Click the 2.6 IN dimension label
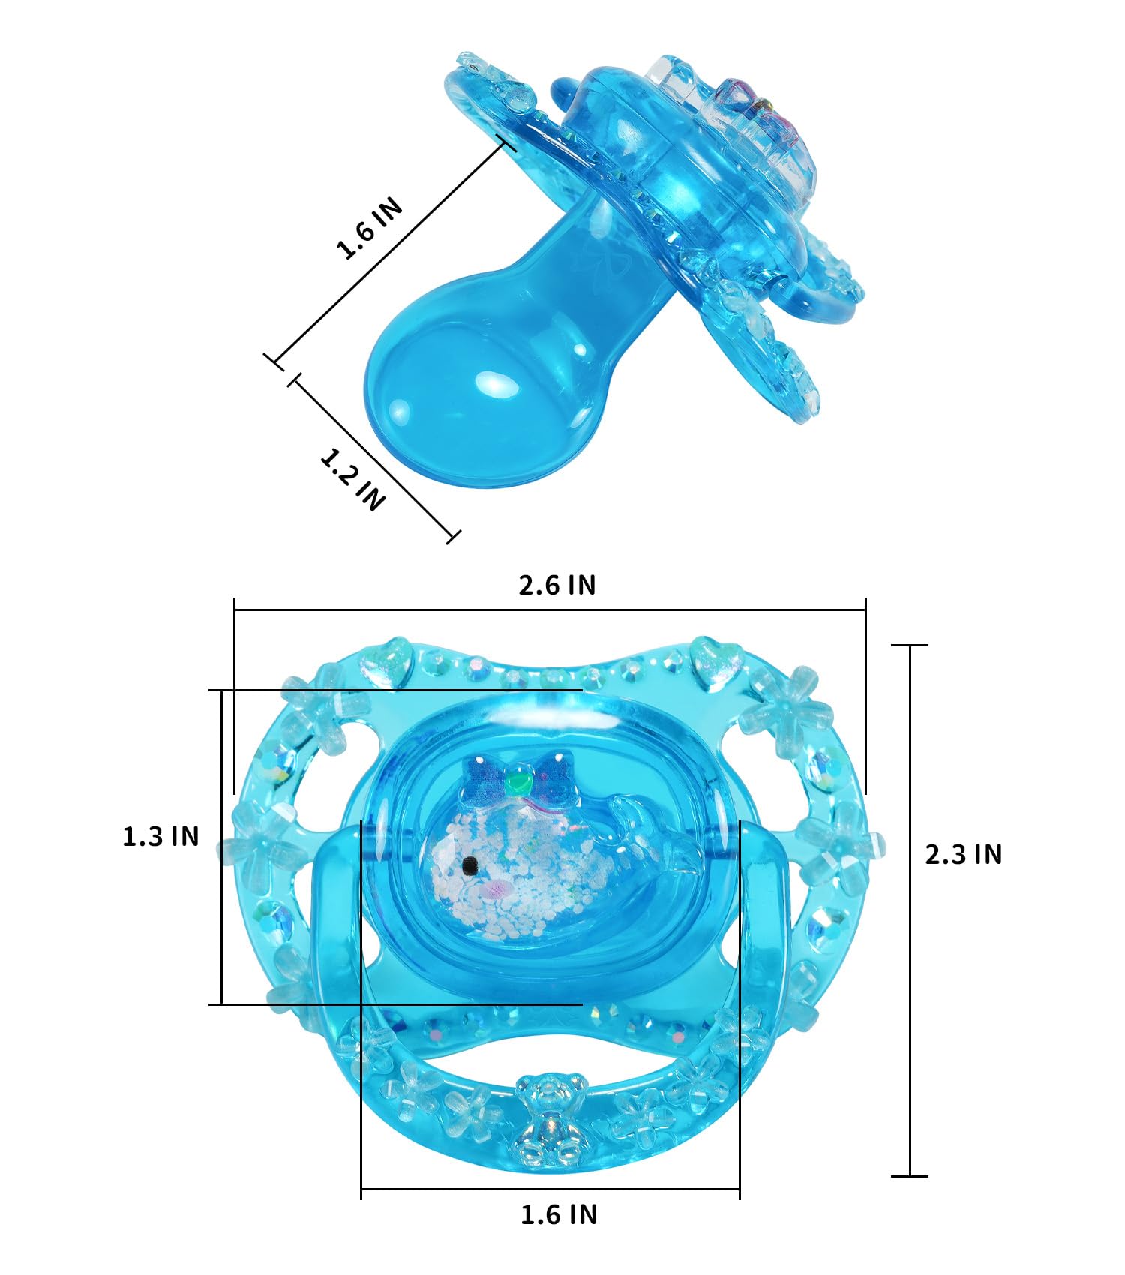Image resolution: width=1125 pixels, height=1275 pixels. pyautogui.click(x=557, y=585)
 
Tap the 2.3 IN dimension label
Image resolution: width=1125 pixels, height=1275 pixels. pyautogui.click(x=963, y=854)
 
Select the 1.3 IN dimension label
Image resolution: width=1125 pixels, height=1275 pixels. pyautogui.click(x=160, y=836)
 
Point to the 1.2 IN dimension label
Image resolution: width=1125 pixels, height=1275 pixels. pyautogui.click(x=352, y=478)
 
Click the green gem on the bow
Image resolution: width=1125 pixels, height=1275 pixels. pyautogui.click(x=517, y=782)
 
